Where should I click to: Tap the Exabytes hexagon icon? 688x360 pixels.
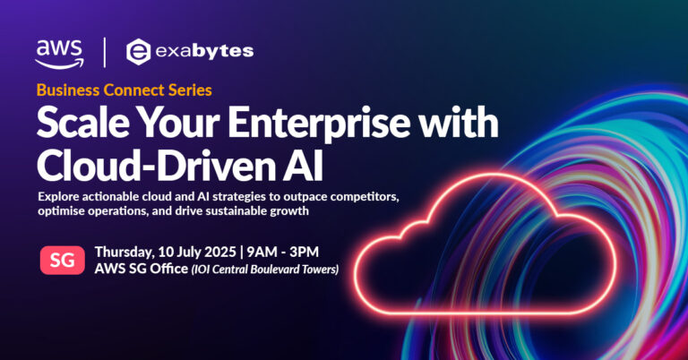click(x=138, y=51)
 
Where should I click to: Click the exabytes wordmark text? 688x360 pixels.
click(x=204, y=51)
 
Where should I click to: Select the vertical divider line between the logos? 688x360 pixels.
click(x=105, y=51)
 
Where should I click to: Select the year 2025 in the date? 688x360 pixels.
click(x=218, y=252)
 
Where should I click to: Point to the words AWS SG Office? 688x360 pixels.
click(x=137, y=270)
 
